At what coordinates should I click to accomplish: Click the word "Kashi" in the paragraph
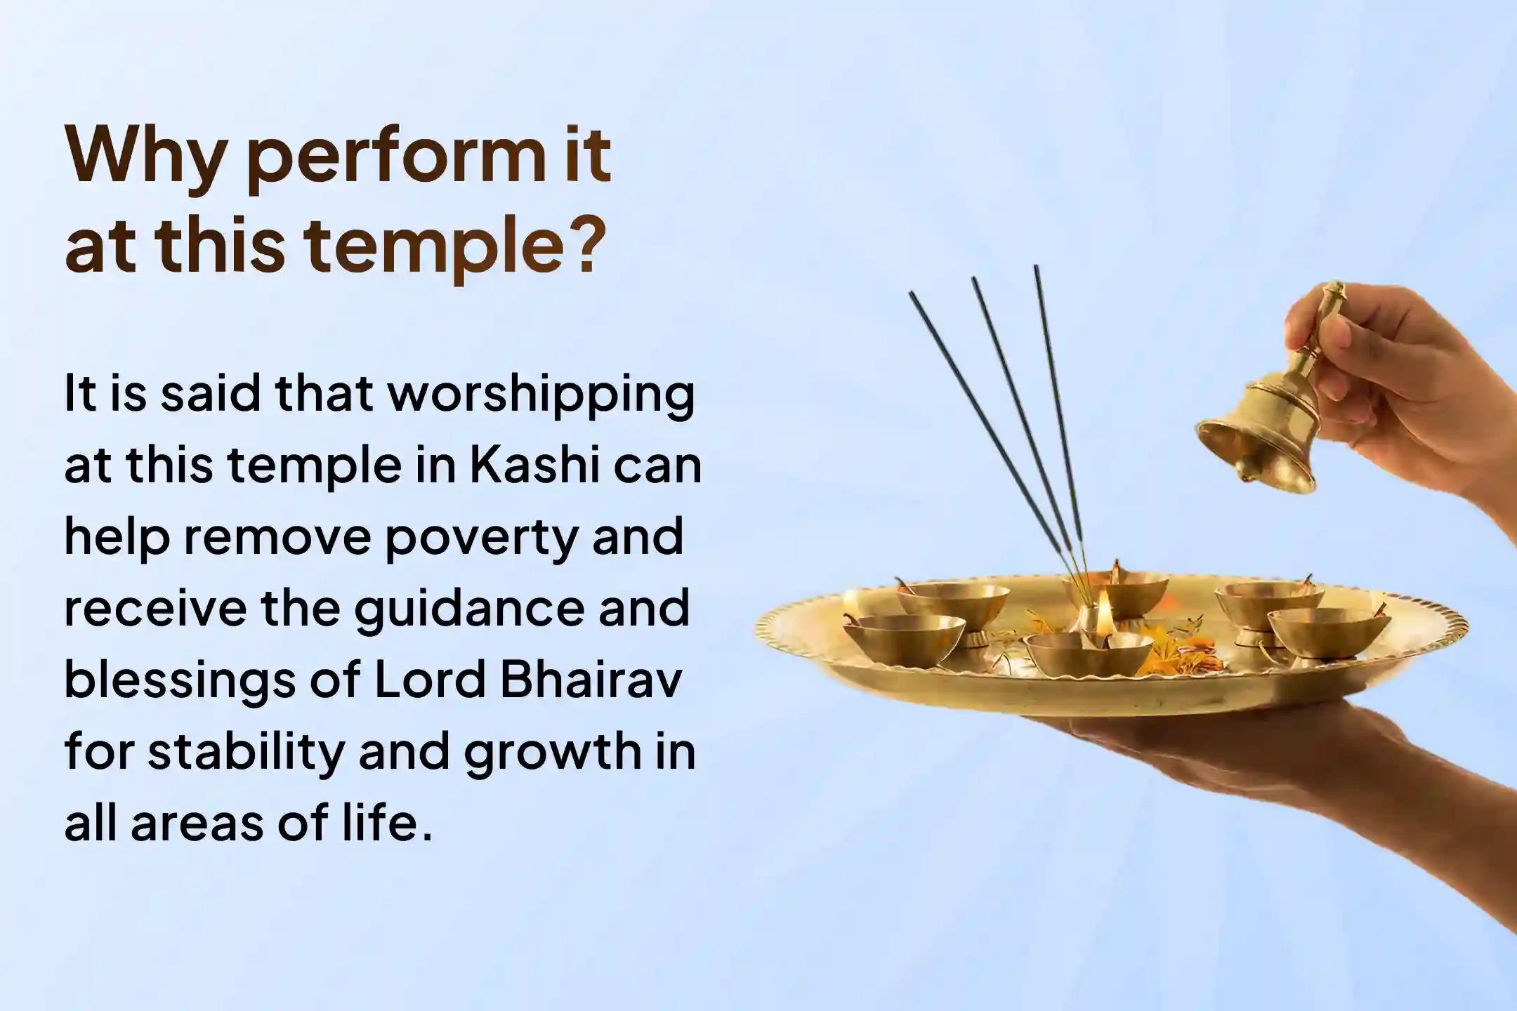534,465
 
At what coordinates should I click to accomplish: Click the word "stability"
247,751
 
